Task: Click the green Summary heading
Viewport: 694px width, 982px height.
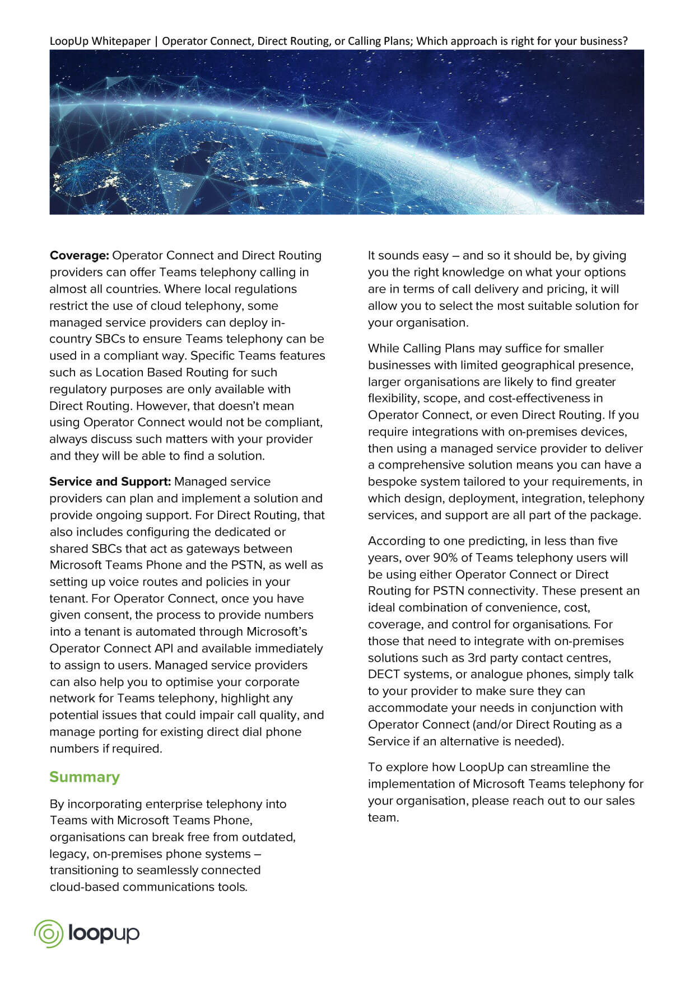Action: [85, 777]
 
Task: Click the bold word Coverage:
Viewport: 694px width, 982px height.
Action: [80, 256]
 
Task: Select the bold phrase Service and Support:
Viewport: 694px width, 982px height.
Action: [110, 482]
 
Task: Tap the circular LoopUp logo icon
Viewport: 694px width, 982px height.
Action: [48, 933]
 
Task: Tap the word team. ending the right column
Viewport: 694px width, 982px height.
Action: [383, 817]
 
